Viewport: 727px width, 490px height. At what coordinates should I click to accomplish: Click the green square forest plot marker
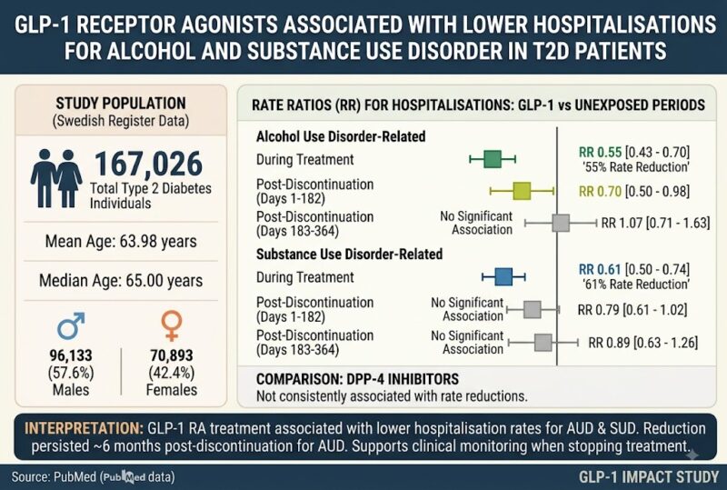[493, 159]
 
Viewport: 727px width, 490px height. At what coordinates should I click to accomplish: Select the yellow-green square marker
[522, 191]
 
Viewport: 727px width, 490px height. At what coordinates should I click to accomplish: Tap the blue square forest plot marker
[503, 277]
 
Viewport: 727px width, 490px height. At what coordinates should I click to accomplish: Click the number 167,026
[148, 164]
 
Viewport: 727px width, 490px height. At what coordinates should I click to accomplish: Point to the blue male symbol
[71, 325]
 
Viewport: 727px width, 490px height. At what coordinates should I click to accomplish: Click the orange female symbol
[172, 325]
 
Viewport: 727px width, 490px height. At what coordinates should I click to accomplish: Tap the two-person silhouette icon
[56, 178]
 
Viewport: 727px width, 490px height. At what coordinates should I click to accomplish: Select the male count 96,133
[71, 355]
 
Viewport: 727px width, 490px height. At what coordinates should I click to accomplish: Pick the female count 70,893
[172, 355]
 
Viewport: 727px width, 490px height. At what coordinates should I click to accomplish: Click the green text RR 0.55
[600, 152]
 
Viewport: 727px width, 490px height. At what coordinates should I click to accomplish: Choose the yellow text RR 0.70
[600, 191]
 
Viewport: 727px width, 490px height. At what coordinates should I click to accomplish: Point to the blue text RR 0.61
[600, 270]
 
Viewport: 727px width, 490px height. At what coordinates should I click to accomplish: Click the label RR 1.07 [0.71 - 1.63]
[655, 224]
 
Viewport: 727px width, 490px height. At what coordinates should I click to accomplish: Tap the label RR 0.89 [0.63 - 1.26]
[642, 343]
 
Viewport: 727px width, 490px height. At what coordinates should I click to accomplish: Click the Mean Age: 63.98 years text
[121, 242]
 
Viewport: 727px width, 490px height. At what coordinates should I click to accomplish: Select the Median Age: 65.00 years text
[121, 281]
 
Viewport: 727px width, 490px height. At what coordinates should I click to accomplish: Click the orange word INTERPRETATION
[84, 428]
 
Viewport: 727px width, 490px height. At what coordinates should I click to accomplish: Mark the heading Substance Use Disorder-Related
[349, 255]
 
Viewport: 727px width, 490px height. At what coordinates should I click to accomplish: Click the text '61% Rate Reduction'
[636, 284]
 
